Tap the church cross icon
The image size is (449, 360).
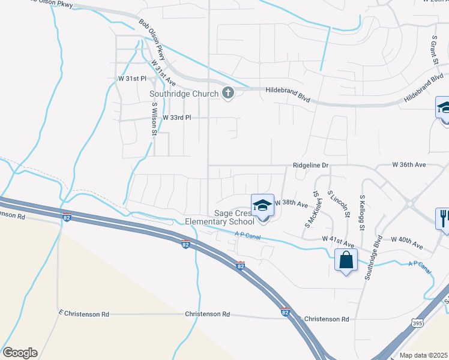[x=228, y=93]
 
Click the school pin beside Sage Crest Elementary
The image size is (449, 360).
[x=262, y=205]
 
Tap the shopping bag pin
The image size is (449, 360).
[x=346, y=260]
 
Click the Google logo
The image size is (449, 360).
[x=20, y=353]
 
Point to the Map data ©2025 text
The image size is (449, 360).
[x=423, y=355]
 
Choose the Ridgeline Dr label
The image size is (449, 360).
[x=312, y=165]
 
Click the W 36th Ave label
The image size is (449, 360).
[x=409, y=164]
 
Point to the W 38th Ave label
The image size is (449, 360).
[x=292, y=203]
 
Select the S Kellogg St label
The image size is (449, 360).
[x=362, y=212]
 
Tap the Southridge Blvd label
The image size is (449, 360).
[x=373, y=257]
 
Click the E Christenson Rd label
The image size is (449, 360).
[x=84, y=314]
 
